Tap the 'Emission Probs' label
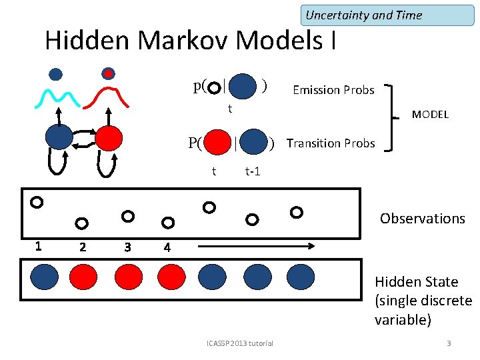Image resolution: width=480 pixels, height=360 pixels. pyautogui.click(x=333, y=89)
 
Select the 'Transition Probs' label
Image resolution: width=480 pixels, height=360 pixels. pyautogui.click(x=331, y=143)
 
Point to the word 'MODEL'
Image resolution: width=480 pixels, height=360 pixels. pyautogui.click(x=430, y=115)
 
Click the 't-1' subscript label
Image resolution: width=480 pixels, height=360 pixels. pyautogui.click(x=253, y=171)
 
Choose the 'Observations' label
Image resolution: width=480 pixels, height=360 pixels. pyautogui.click(x=422, y=218)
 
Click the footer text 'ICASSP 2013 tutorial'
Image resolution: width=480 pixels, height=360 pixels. pyautogui.click(x=240, y=343)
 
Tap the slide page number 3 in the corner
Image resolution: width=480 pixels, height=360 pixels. pyautogui.click(x=449, y=343)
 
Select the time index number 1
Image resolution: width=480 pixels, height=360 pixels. pyautogui.click(x=38, y=245)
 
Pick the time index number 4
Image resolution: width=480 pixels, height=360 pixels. pyautogui.click(x=167, y=247)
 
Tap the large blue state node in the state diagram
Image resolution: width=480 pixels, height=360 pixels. pyautogui.click(x=59, y=137)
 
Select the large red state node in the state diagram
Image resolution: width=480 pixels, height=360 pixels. pyautogui.click(x=108, y=137)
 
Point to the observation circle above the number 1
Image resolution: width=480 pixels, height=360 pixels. pyautogui.click(x=37, y=201)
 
